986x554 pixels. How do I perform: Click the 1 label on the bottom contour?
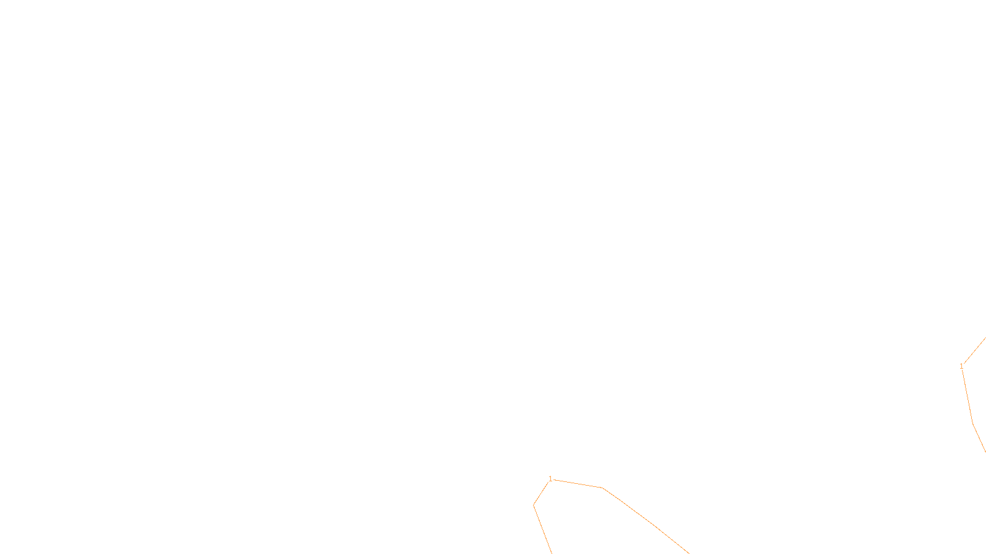[550, 479]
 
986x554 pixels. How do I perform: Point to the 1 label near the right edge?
[961, 366]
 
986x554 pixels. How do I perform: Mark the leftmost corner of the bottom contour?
[534, 505]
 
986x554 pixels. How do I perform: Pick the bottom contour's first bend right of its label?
[601, 488]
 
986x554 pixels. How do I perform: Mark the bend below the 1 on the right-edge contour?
[972, 424]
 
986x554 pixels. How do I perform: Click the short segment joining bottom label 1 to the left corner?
[540, 494]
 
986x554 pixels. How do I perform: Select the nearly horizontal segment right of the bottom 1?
[577, 483]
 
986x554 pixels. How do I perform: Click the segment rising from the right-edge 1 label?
[974, 351]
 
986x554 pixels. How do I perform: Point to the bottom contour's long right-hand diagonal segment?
[645, 520]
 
